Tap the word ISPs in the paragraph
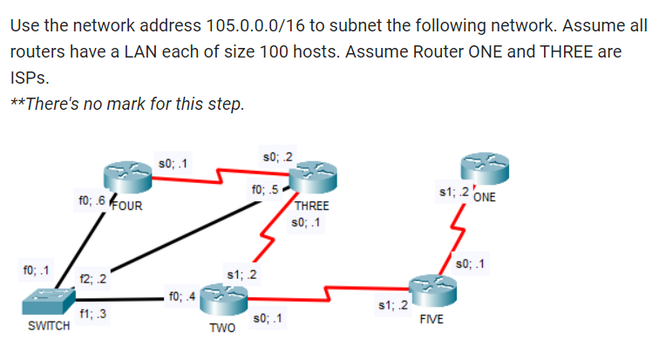pos(29,78)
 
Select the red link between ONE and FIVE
pos(456,234)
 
